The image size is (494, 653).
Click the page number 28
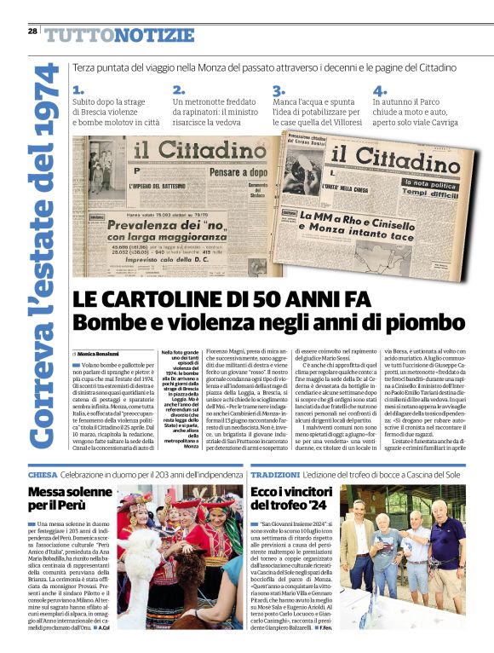(32, 31)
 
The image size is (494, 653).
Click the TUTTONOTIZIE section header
(119, 35)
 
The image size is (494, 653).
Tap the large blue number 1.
(78, 90)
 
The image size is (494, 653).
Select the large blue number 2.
(178, 90)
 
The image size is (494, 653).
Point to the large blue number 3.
(278, 90)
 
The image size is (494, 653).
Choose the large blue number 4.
(379, 90)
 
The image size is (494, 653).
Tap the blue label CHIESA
(43, 475)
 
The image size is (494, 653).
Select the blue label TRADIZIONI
(275, 475)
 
